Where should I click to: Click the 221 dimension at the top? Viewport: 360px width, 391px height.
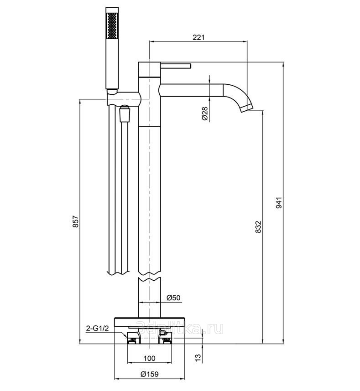click(198, 37)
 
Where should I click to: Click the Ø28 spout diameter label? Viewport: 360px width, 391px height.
click(205, 113)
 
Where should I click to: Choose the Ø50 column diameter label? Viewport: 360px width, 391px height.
click(173, 298)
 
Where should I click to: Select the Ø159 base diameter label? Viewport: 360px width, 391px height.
click(149, 374)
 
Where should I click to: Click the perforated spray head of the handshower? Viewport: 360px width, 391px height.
click(113, 27)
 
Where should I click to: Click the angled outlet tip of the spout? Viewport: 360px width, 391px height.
click(246, 108)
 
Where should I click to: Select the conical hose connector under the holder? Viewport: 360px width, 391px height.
click(124, 114)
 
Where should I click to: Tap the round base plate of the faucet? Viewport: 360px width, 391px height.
click(149, 320)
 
